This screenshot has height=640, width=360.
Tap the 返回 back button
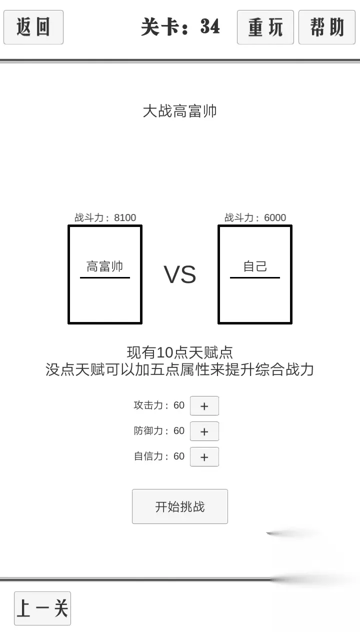tap(33, 27)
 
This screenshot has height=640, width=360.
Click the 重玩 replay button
tap(265, 27)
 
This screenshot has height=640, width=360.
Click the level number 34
tap(210, 26)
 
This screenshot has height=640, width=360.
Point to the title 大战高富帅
tap(179, 111)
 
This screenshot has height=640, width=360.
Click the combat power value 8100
tap(125, 217)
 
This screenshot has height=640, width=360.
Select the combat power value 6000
tap(275, 217)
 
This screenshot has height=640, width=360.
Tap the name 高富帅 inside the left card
tap(105, 266)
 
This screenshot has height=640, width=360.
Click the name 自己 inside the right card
tap(255, 266)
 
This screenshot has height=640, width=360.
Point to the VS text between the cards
tap(179, 274)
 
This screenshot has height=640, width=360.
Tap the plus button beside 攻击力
tap(204, 405)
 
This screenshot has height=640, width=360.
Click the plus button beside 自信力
tap(204, 457)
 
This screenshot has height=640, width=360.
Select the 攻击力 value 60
tap(179, 405)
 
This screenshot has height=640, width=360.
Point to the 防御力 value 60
tap(179, 431)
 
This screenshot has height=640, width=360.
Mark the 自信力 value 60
tap(179, 456)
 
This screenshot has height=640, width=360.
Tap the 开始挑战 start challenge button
tap(179, 506)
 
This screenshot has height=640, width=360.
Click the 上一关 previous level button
tap(42, 608)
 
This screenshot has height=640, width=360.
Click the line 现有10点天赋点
tap(179, 352)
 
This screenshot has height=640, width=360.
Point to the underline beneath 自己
tap(255, 277)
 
